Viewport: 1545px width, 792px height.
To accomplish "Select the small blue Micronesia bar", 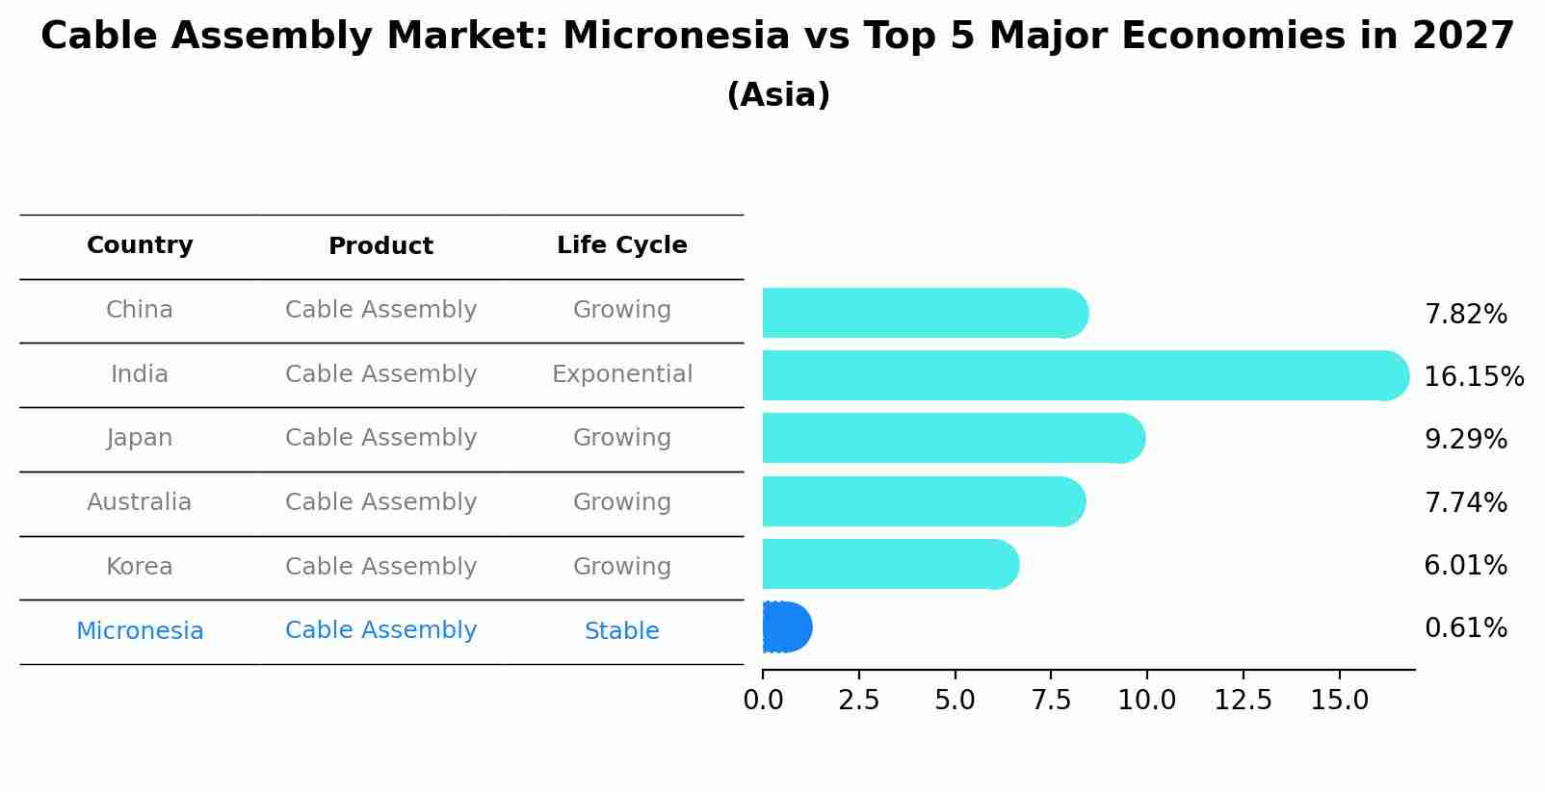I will tap(786, 627).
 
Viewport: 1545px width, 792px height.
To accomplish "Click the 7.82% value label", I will tap(1465, 315).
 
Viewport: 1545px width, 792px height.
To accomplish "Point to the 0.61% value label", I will tap(1465, 628).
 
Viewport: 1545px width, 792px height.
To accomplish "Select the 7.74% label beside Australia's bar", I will tap(1465, 502).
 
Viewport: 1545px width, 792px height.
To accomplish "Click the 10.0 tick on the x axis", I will tap(1146, 701).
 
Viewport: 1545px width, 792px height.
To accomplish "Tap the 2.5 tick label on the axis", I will tap(858, 701).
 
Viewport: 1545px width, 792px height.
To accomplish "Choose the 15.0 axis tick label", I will tap(1339, 701).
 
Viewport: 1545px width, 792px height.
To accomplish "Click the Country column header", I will tap(140, 245).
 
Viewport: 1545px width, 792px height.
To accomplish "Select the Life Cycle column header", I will tap(621, 245).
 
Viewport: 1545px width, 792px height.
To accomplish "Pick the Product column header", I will tap(380, 246).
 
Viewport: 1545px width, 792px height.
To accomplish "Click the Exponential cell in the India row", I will tap(621, 374).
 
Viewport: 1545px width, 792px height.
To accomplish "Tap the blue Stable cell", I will tap(621, 631).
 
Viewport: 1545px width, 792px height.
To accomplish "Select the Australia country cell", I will tap(139, 502).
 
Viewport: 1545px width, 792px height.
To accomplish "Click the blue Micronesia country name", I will tap(140, 631).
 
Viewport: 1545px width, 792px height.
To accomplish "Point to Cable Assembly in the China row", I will tap(380, 310).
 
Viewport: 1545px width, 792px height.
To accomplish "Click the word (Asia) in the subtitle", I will tap(778, 95).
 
